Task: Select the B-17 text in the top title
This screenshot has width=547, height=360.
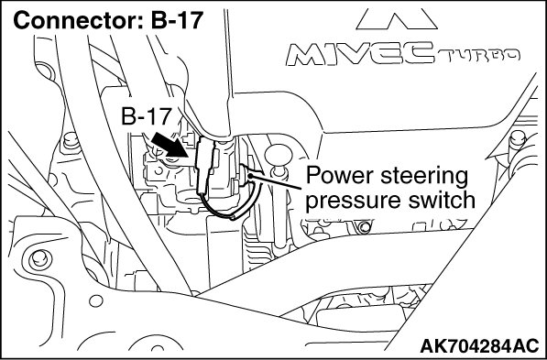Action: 177,20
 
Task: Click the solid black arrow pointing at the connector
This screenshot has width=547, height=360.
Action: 170,144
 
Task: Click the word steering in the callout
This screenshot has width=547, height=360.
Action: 424,177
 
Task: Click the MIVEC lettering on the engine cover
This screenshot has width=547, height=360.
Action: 360,54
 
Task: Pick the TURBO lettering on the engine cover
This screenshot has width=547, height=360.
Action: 477,55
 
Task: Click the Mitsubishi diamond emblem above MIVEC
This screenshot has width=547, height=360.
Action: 397,18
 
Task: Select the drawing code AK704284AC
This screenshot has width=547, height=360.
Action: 479,345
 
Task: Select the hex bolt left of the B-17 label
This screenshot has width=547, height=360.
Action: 71,142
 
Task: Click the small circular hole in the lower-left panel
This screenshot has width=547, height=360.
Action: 96,300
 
